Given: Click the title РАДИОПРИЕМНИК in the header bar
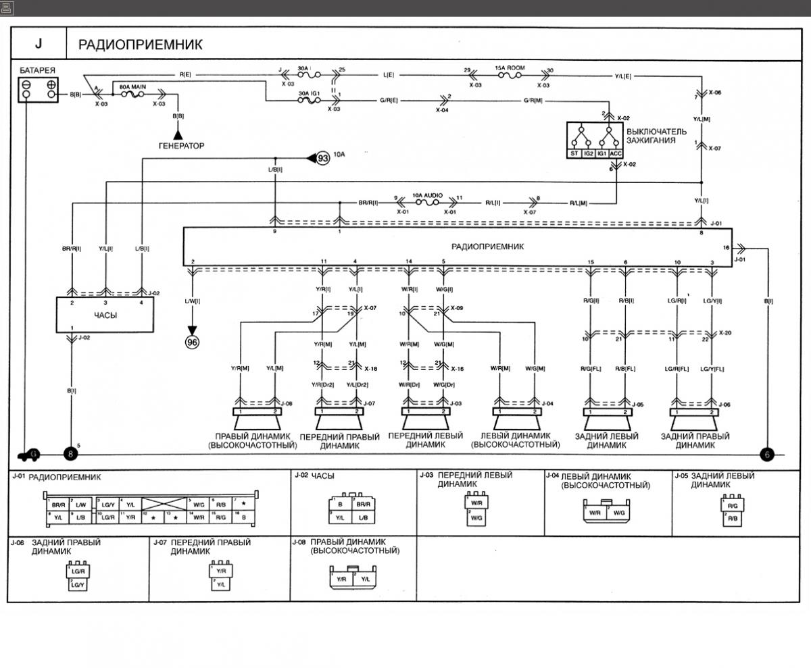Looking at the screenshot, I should coord(140,45).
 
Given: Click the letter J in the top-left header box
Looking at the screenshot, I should coord(39,44).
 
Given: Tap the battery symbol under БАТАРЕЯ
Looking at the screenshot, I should coord(38,89).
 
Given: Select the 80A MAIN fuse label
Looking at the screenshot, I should coord(132,87).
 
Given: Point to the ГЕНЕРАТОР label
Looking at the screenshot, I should coord(181,145).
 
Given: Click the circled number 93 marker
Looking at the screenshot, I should coord(323,158).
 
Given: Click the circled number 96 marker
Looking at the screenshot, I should coord(193,342).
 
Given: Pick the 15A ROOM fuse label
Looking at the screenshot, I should coord(510,68).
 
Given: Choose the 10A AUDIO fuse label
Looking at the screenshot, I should coord(428,196).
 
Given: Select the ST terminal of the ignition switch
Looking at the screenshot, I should coord(574,154).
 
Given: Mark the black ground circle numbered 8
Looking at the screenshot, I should coord(70,454).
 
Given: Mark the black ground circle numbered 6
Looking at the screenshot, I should coord(767,454).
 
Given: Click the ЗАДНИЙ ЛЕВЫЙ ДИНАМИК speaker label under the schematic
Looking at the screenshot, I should coord(606,440).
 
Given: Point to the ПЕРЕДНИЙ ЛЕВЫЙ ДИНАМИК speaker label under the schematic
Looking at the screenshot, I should coord(426,440).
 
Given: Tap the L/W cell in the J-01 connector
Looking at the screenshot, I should coord(80,505).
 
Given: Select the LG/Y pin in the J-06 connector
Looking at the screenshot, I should coord(78,584).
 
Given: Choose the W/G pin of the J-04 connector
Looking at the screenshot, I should coord(618,513).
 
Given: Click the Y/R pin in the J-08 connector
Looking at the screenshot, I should coord(341,579).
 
